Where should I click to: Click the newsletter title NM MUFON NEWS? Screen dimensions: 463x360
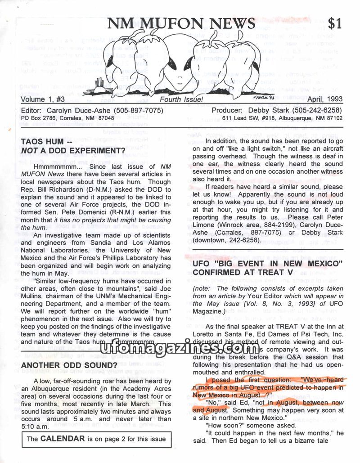(181, 22)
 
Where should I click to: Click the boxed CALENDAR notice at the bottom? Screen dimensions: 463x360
(96, 439)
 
